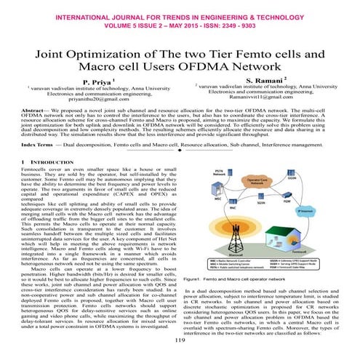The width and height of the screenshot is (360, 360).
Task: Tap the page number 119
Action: click(180, 339)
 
